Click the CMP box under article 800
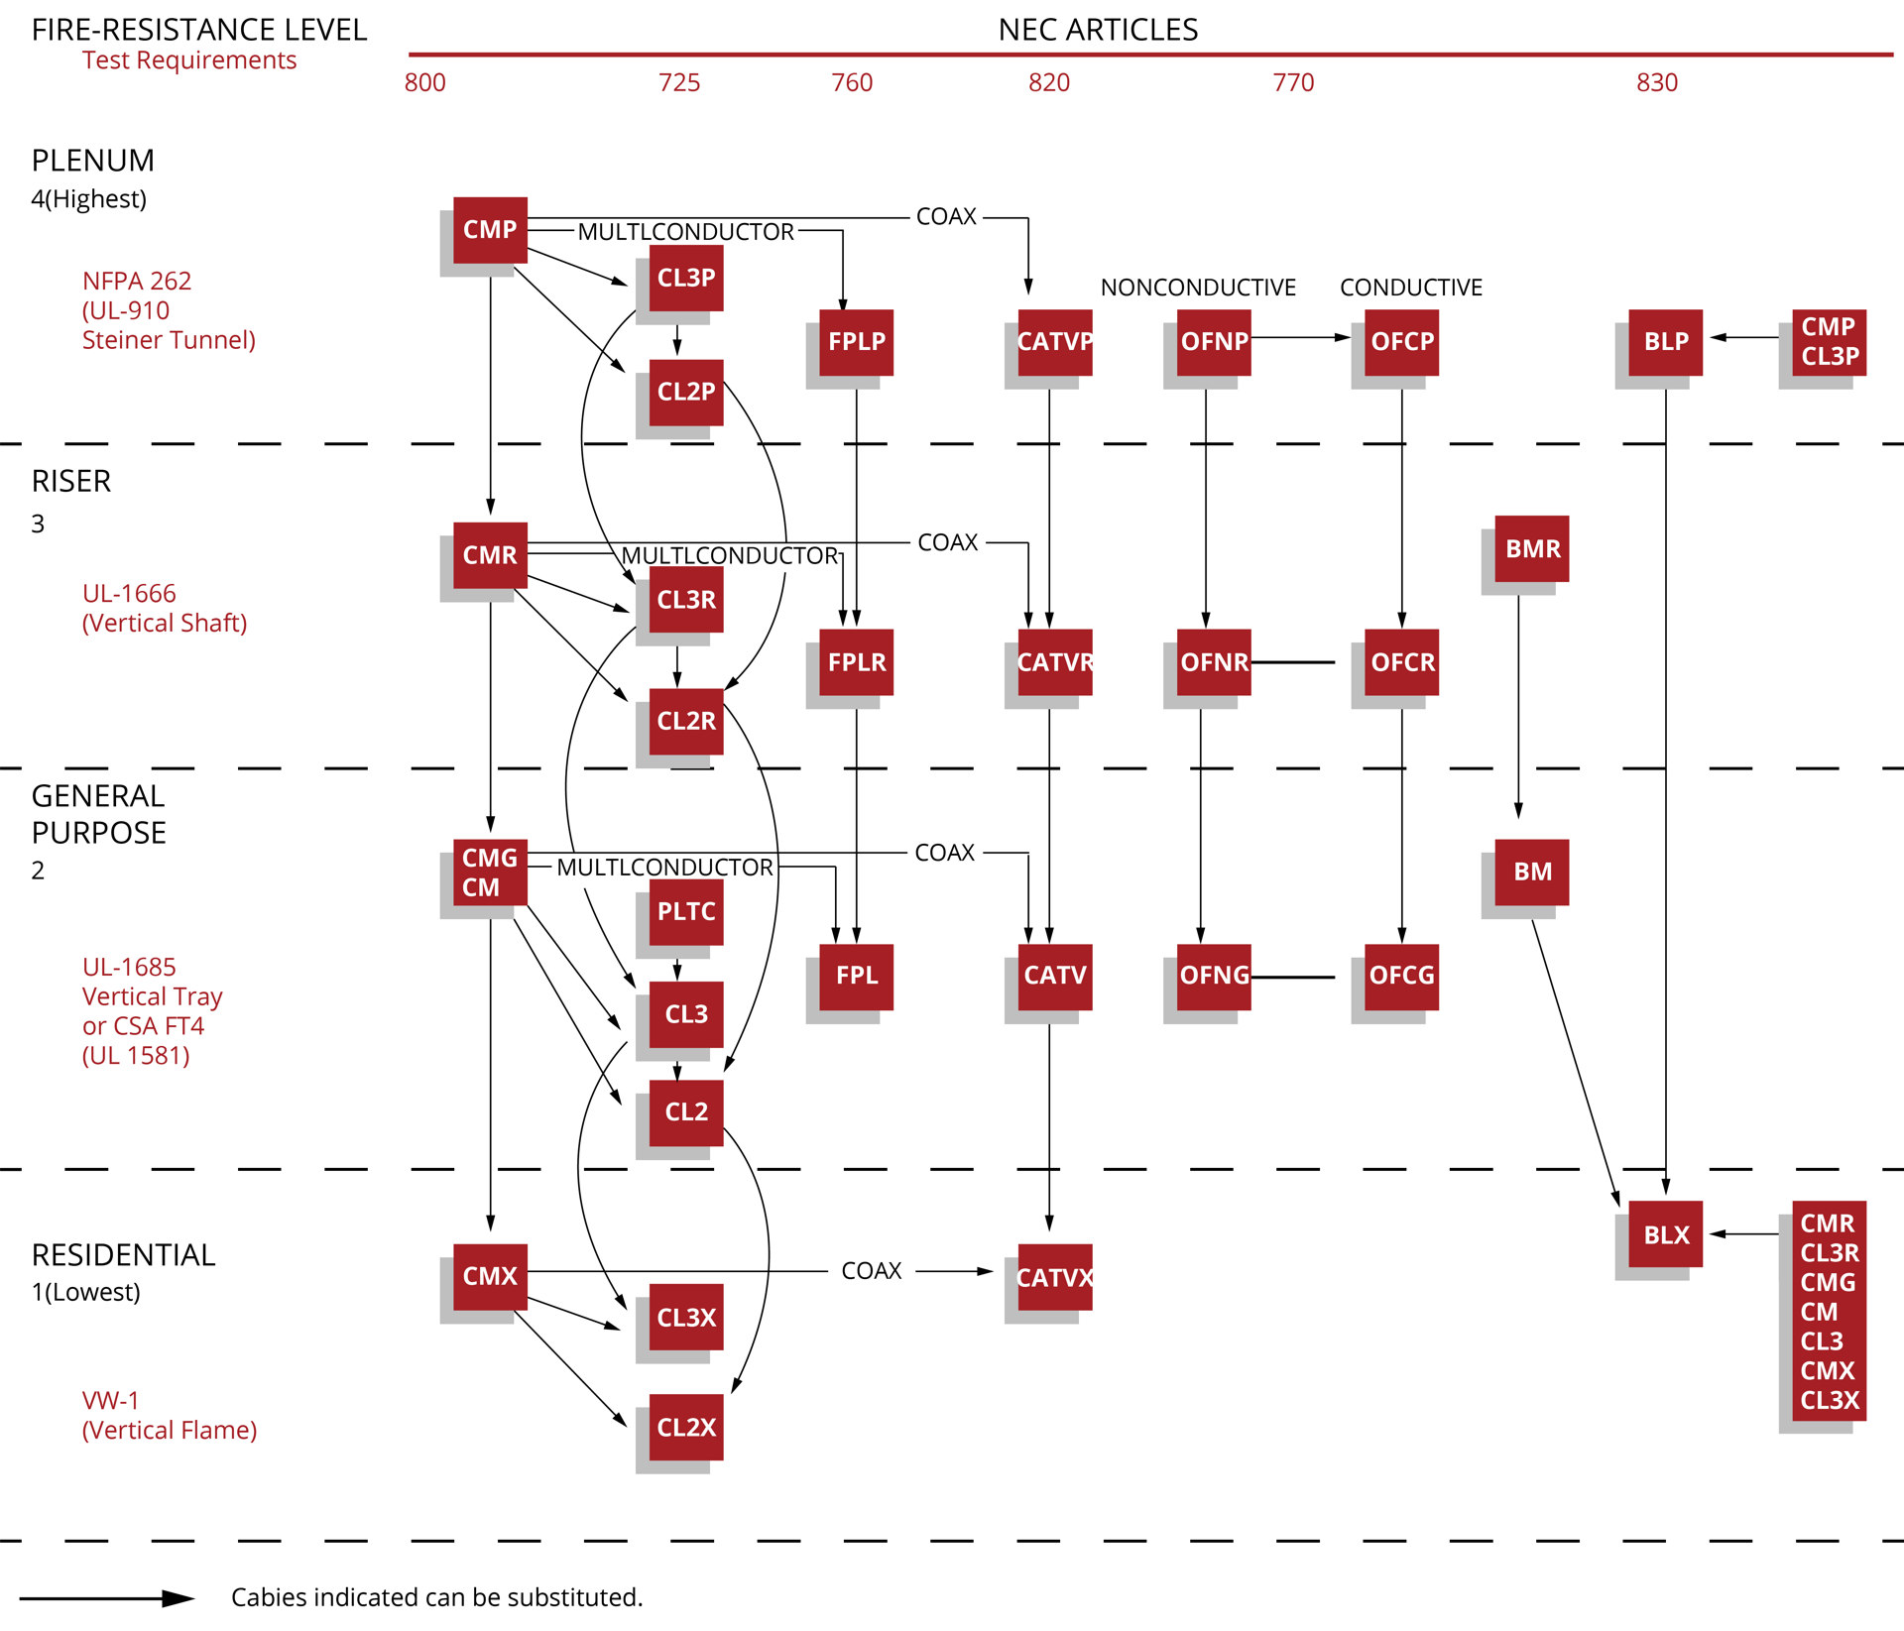(x=490, y=230)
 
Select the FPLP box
(x=856, y=342)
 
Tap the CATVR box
(x=1054, y=662)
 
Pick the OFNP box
(x=1213, y=342)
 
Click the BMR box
(x=1531, y=548)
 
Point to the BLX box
(x=1665, y=1234)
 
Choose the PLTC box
(x=685, y=911)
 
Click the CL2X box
(x=685, y=1427)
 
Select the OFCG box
(x=1400, y=976)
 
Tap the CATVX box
(x=1054, y=1277)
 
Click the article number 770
(x=1293, y=82)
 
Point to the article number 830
(x=1656, y=82)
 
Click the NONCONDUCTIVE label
(x=1197, y=288)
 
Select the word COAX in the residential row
(x=871, y=1271)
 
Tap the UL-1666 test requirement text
(x=129, y=594)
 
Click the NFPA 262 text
(x=137, y=281)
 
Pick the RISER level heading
(x=71, y=482)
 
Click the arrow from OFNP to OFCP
(x=1299, y=337)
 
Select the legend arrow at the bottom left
(x=107, y=1598)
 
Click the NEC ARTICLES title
(x=1098, y=30)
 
